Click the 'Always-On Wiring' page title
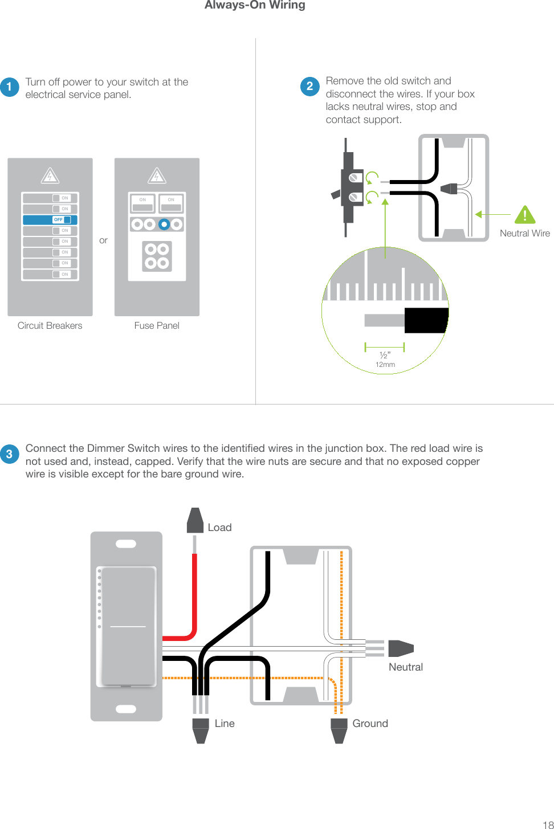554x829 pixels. [x=255, y=5]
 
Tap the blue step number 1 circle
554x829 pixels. [x=10, y=87]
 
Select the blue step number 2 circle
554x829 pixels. [x=309, y=86]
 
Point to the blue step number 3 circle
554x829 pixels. [x=10, y=454]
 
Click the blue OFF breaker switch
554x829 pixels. [x=50, y=220]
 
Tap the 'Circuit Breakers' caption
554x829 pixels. [x=50, y=326]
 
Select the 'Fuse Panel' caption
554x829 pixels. [x=157, y=326]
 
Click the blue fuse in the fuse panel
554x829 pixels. [x=164, y=224]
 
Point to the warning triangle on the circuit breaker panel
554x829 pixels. [x=50, y=176]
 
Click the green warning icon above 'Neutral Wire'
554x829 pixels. [x=524, y=215]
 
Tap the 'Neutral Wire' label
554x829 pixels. [x=524, y=234]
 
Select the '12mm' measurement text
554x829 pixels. [x=385, y=365]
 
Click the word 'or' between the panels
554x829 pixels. [x=103, y=240]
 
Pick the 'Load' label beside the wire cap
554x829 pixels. [x=219, y=528]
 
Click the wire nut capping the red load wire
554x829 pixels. [x=195, y=521]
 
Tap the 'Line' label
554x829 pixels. [x=225, y=724]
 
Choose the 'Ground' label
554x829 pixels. [x=370, y=724]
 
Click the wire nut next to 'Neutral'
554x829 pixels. [x=400, y=648]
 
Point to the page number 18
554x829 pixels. [x=547, y=824]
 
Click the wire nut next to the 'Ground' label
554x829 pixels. [x=339, y=731]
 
